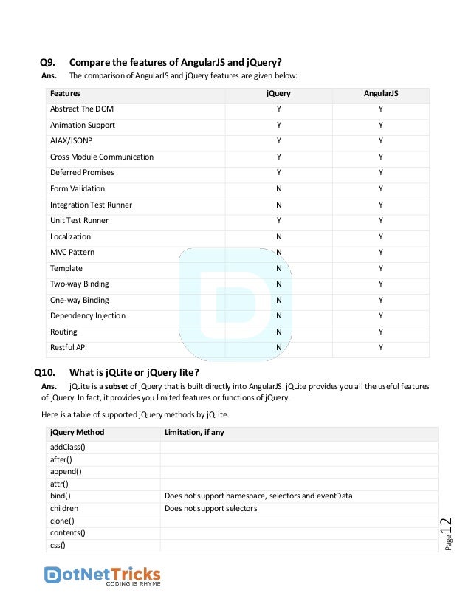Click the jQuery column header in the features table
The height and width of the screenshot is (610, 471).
[x=278, y=94]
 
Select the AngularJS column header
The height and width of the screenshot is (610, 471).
[x=379, y=94]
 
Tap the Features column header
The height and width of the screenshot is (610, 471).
[x=65, y=94]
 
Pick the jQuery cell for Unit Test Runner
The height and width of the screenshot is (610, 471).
[x=278, y=220]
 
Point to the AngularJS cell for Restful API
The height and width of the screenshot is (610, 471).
[x=380, y=347]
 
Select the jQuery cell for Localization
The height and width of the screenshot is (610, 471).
[x=278, y=236]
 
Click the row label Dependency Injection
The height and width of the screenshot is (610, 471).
[x=87, y=315]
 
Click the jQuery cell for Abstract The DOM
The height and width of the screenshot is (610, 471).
[x=278, y=109]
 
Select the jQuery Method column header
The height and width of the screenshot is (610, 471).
[x=77, y=432]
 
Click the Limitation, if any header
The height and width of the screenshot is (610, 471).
[x=193, y=432]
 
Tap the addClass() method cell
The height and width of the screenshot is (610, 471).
[x=68, y=448]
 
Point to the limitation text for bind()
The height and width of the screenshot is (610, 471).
[x=258, y=496]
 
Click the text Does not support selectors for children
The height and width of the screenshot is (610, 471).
[x=210, y=508]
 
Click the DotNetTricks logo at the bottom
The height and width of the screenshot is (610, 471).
[x=103, y=575]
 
